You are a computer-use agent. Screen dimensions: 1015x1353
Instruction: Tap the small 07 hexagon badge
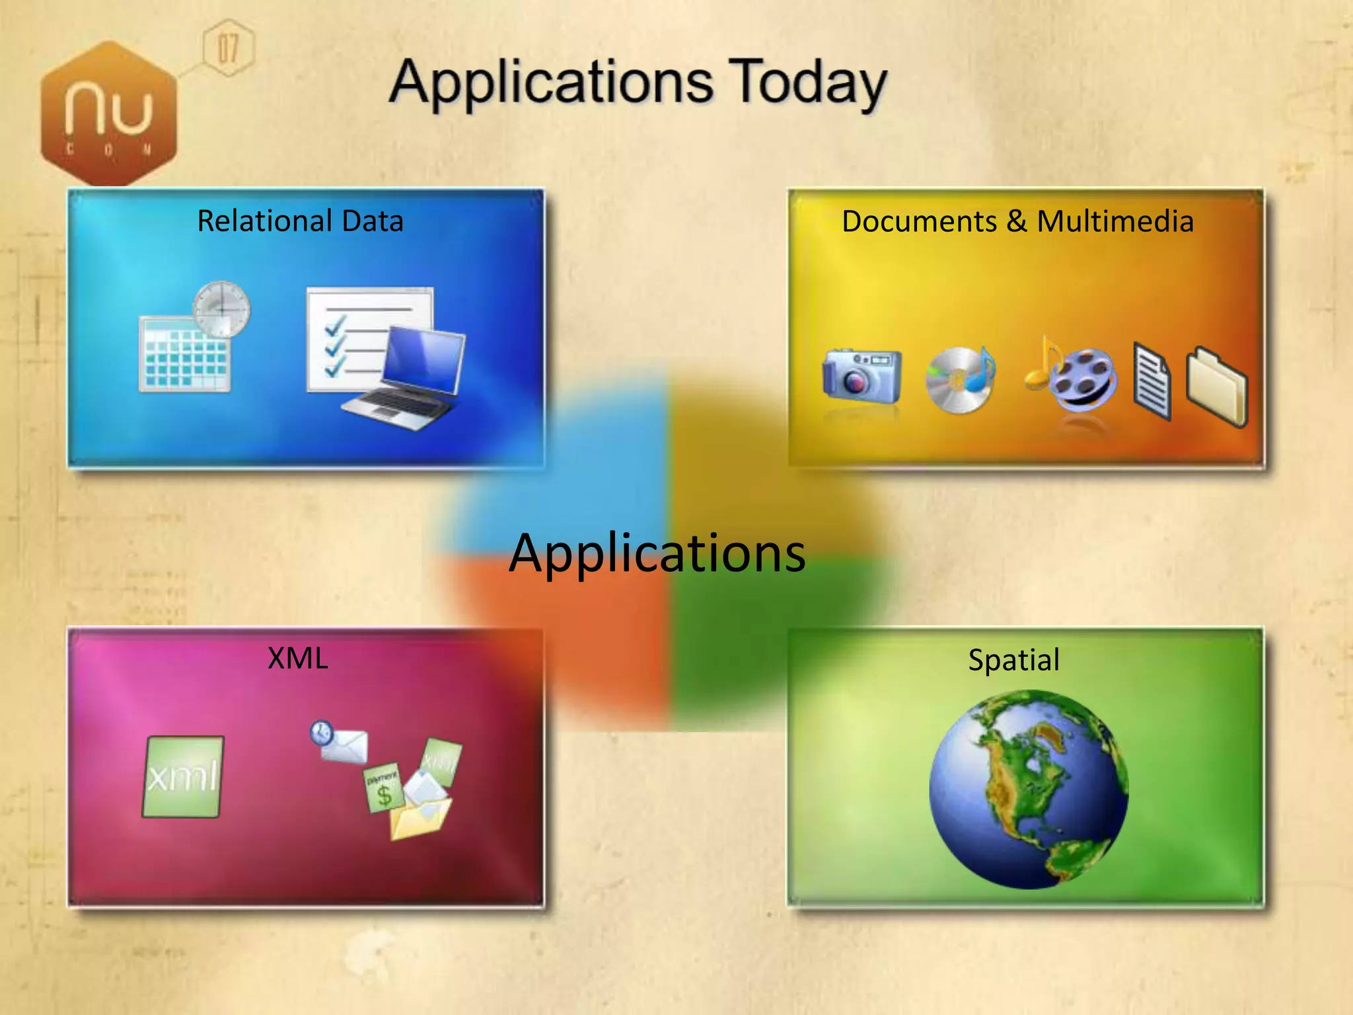[x=228, y=48]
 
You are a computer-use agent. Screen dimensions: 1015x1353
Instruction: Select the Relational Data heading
[x=300, y=221]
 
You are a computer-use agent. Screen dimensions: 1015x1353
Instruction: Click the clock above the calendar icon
[x=222, y=309]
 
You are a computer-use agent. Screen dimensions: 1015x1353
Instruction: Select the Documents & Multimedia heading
[x=1017, y=221]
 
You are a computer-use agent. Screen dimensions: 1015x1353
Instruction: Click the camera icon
[x=861, y=375]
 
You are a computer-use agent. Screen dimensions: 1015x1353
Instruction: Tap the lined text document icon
[x=1152, y=381]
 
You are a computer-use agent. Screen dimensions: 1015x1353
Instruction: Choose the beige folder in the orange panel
[x=1216, y=386]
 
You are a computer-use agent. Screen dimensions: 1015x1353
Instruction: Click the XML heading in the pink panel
[x=298, y=658]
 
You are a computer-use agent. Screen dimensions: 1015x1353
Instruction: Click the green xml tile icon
[x=183, y=776]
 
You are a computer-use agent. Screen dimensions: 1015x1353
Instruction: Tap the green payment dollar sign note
[x=383, y=788]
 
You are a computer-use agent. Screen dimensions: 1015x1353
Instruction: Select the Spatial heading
[x=1013, y=660]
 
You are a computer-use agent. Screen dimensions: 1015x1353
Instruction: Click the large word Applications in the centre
[x=657, y=552]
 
